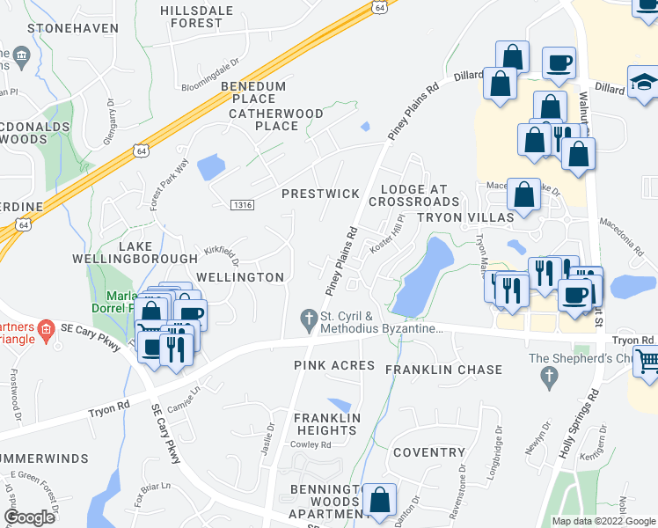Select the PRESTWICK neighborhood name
320,193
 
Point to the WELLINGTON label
240,277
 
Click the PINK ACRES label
334,365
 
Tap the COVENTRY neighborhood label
428,452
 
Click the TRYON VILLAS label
465,217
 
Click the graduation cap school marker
643,81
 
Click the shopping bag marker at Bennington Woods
379,500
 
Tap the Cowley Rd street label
313,445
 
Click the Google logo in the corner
30,517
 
